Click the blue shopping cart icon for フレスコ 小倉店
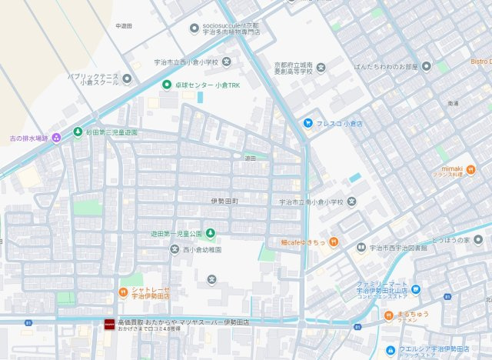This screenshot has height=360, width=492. (307, 122)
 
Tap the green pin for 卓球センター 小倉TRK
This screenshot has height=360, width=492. (167, 84)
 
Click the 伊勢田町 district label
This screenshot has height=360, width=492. (224, 202)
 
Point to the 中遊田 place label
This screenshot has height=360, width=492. (124, 25)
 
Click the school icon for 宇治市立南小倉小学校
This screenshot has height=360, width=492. (351, 202)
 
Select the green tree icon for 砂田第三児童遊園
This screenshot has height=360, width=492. (77, 132)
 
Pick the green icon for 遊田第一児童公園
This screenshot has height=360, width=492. (210, 233)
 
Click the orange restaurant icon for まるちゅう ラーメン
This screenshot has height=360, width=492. (388, 315)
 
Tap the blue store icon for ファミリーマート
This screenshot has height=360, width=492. (416, 289)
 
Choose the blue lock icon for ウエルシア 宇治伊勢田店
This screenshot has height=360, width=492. (391, 349)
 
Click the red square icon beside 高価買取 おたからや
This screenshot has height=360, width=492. (108, 325)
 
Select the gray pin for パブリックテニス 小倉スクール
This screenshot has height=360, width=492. (127, 78)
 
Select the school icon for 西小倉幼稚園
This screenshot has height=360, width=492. (174, 249)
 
